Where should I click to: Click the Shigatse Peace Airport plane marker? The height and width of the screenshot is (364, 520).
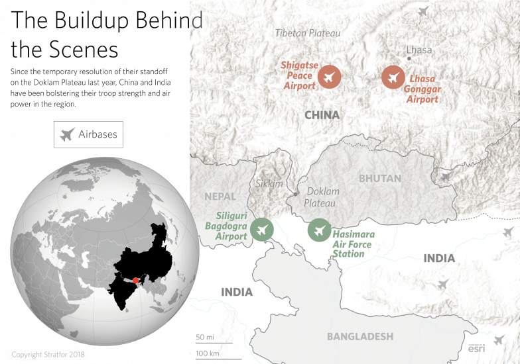tap(328, 77)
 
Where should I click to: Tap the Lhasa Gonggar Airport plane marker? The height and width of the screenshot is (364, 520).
tap(393, 77)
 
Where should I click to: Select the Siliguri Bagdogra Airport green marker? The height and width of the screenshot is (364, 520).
tap(263, 230)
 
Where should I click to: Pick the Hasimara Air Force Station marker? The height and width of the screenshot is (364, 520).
tap(320, 230)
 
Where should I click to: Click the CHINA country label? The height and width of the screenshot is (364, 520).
tap(322, 115)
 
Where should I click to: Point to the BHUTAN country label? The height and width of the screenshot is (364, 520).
tap(380, 179)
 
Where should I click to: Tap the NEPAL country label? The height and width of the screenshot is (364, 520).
tap(220, 197)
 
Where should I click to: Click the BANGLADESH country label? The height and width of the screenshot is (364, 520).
tap(360, 336)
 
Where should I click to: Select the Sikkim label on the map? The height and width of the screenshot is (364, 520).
tap(269, 183)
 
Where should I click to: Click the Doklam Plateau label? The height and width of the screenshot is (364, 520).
tap(322, 197)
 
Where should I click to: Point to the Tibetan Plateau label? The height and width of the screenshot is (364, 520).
tap(308, 33)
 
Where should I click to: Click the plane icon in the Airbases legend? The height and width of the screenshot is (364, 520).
tap(66, 135)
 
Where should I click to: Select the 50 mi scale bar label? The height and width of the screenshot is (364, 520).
tap(205, 338)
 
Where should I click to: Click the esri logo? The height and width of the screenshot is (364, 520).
tap(477, 349)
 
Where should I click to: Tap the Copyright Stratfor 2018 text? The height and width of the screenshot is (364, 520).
tap(49, 354)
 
